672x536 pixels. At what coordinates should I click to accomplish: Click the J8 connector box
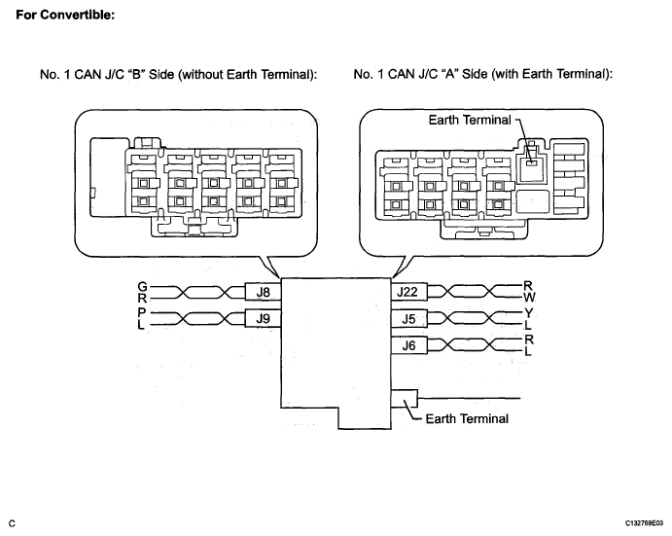(264, 292)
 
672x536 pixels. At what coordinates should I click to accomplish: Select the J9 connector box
(264, 319)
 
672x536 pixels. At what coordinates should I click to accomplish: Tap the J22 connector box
(408, 292)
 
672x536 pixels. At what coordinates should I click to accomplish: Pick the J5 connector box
(408, 319)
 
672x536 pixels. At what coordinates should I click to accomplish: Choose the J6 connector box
(408, 345)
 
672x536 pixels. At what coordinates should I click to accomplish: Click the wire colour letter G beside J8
(142, 286)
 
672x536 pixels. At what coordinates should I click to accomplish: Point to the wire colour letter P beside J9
(142, 312)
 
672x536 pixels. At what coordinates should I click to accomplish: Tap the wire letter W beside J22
(529, 297)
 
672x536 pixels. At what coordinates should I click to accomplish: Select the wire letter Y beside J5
(528, 313)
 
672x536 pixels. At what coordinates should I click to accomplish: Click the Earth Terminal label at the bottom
(467, 418)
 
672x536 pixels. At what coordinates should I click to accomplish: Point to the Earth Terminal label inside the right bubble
(470, 120)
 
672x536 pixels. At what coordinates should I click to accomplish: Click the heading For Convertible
(65, 15)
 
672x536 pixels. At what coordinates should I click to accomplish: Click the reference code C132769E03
(644, 523)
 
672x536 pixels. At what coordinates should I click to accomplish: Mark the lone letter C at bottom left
(12, 523)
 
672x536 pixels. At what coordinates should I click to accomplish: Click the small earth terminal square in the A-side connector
(532, 162)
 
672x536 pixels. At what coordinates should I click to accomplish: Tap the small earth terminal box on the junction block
(405, 399)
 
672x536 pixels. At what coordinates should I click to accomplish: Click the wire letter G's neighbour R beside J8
(142, 298)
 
